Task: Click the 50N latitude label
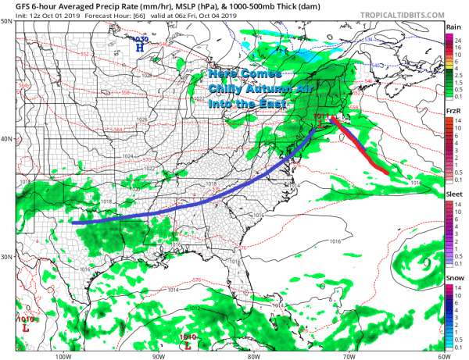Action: [7, 21]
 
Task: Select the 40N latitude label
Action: [7, 139]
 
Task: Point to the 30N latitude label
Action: [7, 257]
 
